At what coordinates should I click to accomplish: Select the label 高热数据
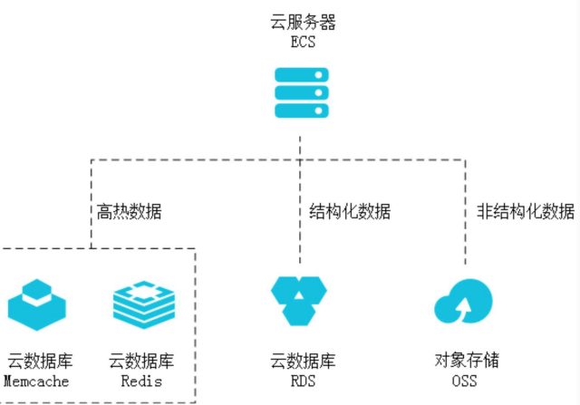tap(130, 212)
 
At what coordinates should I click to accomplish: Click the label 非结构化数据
tap(526, 212)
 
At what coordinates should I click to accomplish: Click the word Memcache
tap(37, 381)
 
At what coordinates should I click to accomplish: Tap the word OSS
tap(464, 381)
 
